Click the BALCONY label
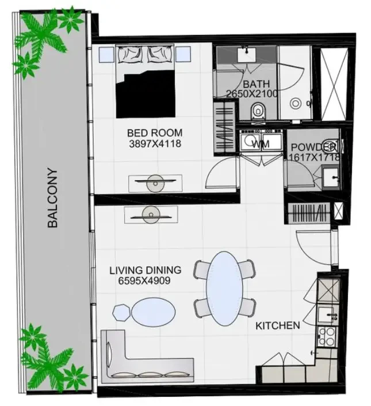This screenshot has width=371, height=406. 53,198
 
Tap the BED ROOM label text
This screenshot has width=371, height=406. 155,133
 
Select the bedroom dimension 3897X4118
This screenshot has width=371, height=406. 155,144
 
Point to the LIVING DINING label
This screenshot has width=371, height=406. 146,270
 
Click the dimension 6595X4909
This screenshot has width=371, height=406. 144,280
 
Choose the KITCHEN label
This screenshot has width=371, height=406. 278,326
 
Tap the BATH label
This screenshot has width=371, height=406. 256,84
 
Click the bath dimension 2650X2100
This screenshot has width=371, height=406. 252,93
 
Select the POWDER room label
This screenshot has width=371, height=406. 314,147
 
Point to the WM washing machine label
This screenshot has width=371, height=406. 261,144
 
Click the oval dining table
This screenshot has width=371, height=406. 224,289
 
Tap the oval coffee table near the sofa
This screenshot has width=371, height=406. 154,312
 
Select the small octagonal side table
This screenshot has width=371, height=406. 121,313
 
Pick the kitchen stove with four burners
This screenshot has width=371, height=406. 327,336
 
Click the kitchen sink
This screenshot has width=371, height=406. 327,316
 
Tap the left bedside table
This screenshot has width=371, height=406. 106,55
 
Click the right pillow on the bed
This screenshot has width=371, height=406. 160,54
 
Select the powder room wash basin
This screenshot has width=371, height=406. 331,177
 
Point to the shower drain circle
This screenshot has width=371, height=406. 296,104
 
